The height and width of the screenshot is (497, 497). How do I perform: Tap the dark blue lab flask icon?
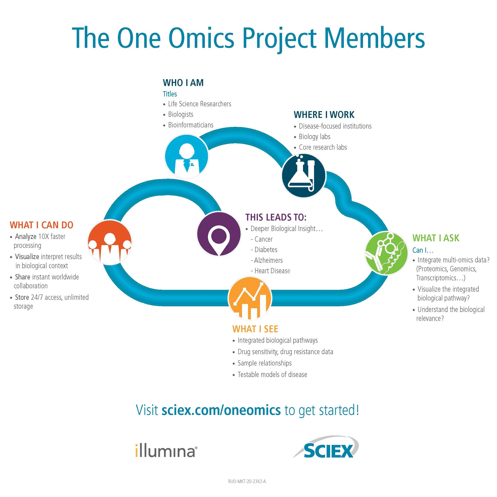tap(304, 176)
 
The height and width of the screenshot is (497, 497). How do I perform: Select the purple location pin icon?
tap(219, 234)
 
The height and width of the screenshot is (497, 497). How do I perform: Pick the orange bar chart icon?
tap(250, 298)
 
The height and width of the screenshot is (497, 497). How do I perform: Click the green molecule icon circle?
tap(386, 253)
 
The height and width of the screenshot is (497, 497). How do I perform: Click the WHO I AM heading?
tap(183, 83)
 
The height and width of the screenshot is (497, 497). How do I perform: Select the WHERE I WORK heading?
tap(324, 115)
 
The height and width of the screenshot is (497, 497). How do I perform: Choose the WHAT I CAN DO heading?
tap(42, 225)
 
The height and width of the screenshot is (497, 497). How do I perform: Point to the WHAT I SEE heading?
tap(255, 329)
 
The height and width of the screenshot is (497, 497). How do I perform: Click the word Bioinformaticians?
tap(191, 125)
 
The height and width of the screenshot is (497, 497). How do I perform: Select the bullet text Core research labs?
tap(323, 147)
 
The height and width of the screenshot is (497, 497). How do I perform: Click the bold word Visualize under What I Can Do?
tap(27, 257)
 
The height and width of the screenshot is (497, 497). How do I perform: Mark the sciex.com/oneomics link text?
tap(221, 410)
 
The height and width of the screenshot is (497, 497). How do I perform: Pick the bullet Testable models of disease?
tap(272, 375)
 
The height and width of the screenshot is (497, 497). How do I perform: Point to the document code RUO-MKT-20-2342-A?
tap(247, 481)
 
